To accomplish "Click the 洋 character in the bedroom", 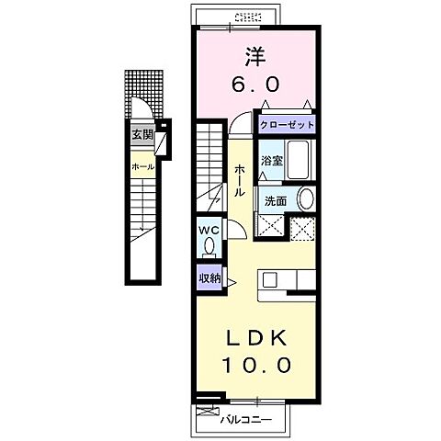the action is point(254,57).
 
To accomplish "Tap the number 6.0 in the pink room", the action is point(255,85).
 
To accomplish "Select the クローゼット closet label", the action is point(287,125).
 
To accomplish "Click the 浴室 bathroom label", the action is point(271,161).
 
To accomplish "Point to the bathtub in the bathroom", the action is point(298,160).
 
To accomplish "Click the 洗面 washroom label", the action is point(276,201).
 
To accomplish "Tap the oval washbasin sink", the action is point(306,198).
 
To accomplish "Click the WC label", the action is point(209,230).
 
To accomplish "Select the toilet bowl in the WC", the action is point(209,247).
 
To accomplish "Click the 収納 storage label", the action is point(209,278).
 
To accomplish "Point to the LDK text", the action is point(256,338).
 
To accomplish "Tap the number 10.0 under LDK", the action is point(256,365).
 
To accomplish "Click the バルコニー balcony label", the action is point(246,419).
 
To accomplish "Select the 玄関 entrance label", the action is point(142,135).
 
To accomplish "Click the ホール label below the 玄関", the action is point(142,167).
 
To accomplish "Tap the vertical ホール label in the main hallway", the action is point(240,180).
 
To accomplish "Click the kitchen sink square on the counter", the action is point(270,279).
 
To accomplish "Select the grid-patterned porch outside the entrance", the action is point(143,95).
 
